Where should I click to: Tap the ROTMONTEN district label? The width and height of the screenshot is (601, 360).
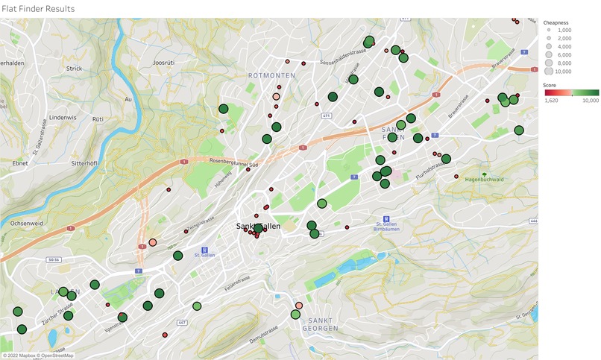click(x=271, y=75)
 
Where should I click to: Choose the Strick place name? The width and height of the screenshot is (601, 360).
click(x=74, y=68)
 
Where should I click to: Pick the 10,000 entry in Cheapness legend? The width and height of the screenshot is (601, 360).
click(x=563, y=72)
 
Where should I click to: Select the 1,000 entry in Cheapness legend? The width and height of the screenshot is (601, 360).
click(x=563, y=29)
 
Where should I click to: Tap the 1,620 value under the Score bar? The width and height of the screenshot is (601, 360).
click(x=552, y=100)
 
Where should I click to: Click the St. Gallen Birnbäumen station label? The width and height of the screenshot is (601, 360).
click(x=387, y=226)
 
